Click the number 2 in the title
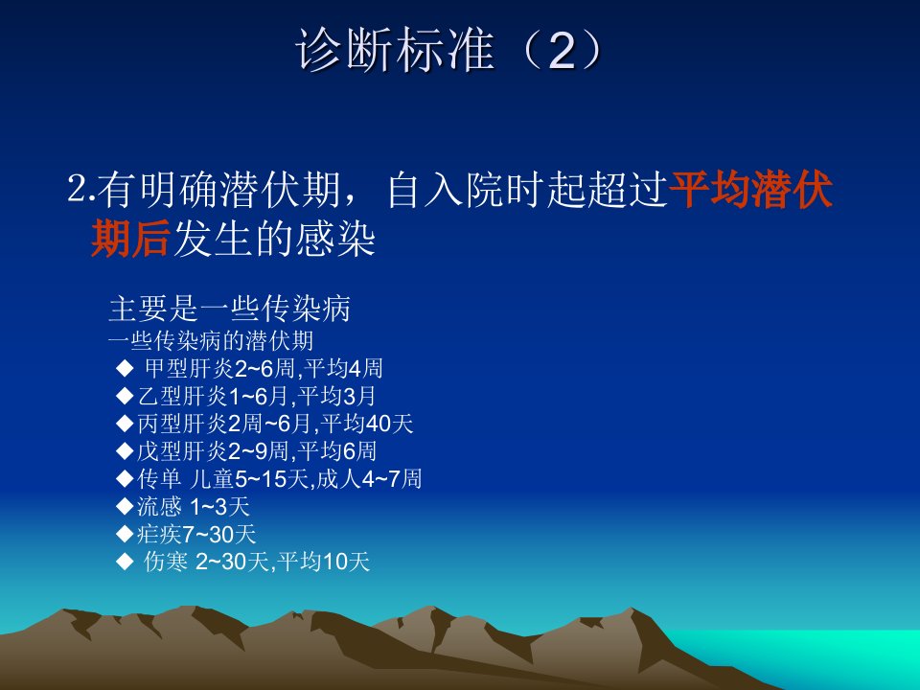[562, 51]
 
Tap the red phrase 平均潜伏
[750, 190]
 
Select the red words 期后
[131, 239]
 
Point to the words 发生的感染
[274, 239]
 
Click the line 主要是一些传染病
[229, 309]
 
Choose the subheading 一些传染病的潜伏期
[211, 341]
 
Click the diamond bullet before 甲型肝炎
[125, 368]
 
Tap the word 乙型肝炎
[182, 396]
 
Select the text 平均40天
[367, 424]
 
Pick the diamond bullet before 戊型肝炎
[125, 451]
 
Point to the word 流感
[159, 506]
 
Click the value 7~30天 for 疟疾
[218, 534]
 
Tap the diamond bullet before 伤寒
[125, 562]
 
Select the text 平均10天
[323, 562]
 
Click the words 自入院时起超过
[527, 190]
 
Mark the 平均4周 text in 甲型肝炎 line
[343, 368]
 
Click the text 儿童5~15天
[249, 479]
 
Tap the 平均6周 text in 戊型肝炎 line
[336, 451]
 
